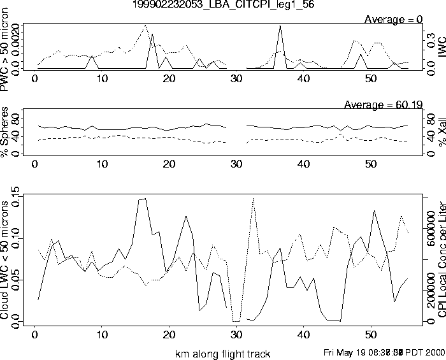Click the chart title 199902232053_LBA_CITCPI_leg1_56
(223, 5)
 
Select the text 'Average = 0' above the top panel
(394, 19)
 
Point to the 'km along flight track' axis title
(222, 354)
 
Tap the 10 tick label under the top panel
(102, 79)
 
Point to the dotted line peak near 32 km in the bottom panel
(254, 198)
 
